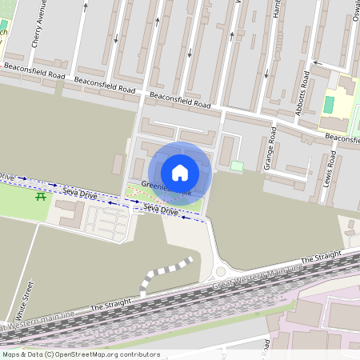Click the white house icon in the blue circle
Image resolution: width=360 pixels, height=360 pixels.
point(180,172)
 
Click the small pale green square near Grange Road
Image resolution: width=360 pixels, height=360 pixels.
point(236,166)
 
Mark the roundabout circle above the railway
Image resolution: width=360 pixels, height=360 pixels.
point(220,273)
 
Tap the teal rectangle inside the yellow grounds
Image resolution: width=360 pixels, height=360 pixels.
point(329,104)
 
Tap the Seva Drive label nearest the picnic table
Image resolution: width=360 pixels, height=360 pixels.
point(80,193)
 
